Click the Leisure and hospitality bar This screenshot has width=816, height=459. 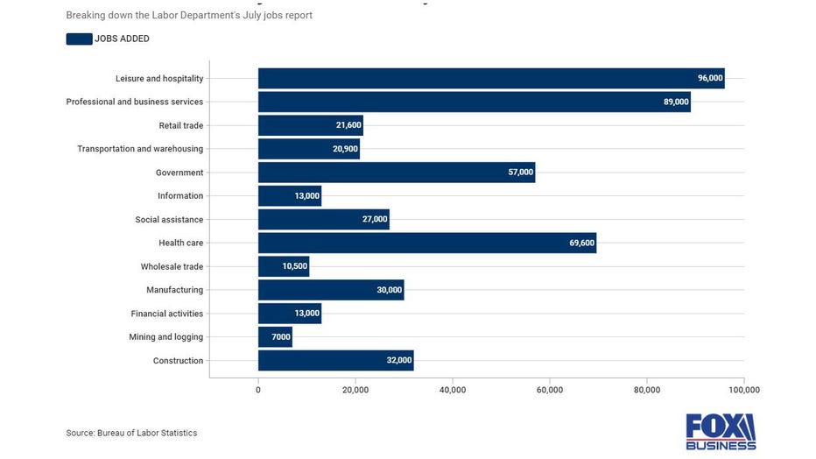490,78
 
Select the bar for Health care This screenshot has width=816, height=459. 426,243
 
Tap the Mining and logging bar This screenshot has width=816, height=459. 275,337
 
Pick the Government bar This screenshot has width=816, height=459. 396,173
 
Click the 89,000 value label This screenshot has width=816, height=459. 676,102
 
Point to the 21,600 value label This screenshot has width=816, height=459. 348,125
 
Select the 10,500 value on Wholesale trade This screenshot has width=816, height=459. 294,266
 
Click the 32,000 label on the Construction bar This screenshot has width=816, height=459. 399,361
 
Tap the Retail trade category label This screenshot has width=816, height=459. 180,125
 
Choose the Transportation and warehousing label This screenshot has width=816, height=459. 140,149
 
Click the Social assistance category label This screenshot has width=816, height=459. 169,220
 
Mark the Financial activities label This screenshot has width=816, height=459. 166,314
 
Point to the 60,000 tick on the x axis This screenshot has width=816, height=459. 549,389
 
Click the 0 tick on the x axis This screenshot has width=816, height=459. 258,389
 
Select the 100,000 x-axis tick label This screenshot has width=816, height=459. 743,389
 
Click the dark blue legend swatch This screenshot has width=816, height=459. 79,39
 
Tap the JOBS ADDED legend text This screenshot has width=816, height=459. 122,39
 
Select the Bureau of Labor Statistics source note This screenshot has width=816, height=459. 131,433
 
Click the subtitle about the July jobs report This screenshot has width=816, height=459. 189,15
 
